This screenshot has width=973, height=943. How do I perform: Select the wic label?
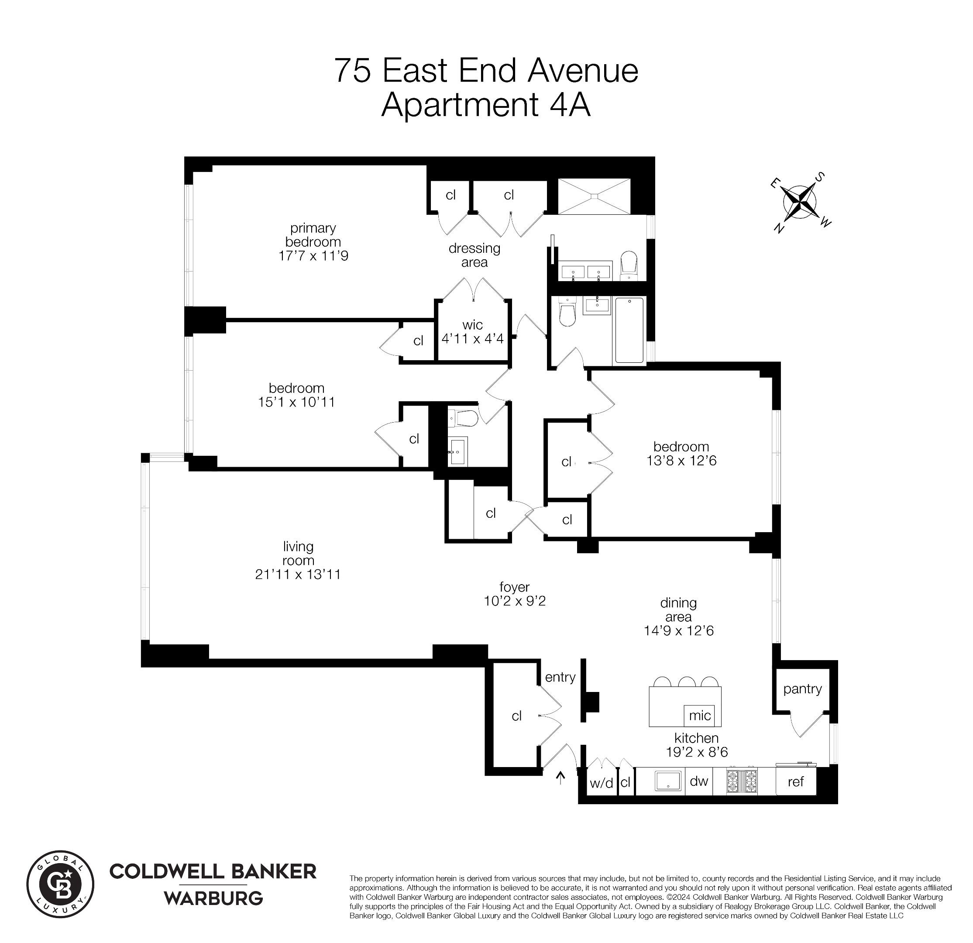click(x=472, y=325)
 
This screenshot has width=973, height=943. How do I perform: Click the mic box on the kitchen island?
click(x=699, y=716)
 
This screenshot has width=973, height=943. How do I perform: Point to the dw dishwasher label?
click(x=698, y=781)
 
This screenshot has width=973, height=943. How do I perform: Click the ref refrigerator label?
click(x=795, y=781)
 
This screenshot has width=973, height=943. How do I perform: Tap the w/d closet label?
click(x=601, y=784)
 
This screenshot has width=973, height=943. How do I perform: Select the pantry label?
click(x=802, y=689)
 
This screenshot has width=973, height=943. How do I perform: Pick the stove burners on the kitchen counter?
click(x=742, y=781)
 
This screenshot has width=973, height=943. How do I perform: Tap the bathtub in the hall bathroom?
click(x=629, y=330)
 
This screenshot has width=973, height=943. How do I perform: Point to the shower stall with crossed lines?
click(x=594, y=196)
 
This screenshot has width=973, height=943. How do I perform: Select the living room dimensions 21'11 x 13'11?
click(x=298, y=575)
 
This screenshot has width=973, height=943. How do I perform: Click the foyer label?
click(x=514, y=587)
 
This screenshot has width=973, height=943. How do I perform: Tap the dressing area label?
click(x=474, y=255)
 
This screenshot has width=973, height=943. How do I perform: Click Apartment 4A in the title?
click(x=485, y=105)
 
